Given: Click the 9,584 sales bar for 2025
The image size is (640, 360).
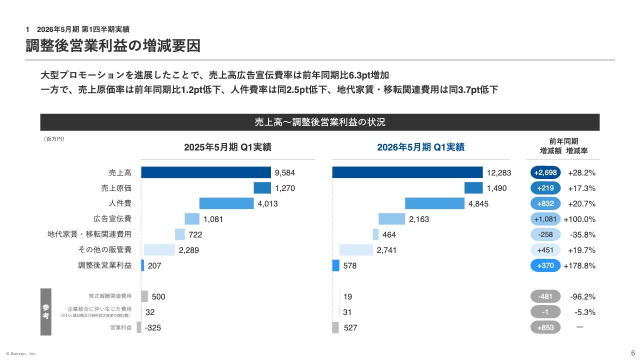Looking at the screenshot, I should point(206,172).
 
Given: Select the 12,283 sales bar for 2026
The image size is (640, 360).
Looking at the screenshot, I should point(407,172).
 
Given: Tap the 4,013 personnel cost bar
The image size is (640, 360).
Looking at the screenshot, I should point(226,203).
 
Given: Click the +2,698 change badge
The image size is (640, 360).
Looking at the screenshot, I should point(545,172).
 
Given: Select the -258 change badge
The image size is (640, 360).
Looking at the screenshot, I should point(545,234).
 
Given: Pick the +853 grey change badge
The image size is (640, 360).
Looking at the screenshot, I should point(545,327).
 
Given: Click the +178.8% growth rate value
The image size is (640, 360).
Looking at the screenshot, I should point(579,265).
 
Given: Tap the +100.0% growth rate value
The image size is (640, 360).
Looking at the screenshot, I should point(579,219).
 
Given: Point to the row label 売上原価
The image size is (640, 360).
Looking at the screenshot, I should point(116,188).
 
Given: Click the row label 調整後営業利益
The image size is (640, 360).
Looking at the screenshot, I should point(105,265).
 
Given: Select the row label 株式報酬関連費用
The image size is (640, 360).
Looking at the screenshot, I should point(110,296).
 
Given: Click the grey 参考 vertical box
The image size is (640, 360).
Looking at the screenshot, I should point(46,312).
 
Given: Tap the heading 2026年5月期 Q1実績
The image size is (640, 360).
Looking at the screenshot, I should point(420,147).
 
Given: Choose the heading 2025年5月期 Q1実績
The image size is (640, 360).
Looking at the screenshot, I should point(227,147).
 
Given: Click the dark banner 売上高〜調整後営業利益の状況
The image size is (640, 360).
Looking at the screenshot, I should point(320,122).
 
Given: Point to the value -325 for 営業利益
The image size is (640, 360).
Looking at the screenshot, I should point(153,328).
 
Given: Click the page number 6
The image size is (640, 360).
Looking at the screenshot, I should point(632,351).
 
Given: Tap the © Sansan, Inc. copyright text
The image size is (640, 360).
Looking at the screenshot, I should point(21,353).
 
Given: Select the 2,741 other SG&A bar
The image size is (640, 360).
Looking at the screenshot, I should point(356,250).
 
